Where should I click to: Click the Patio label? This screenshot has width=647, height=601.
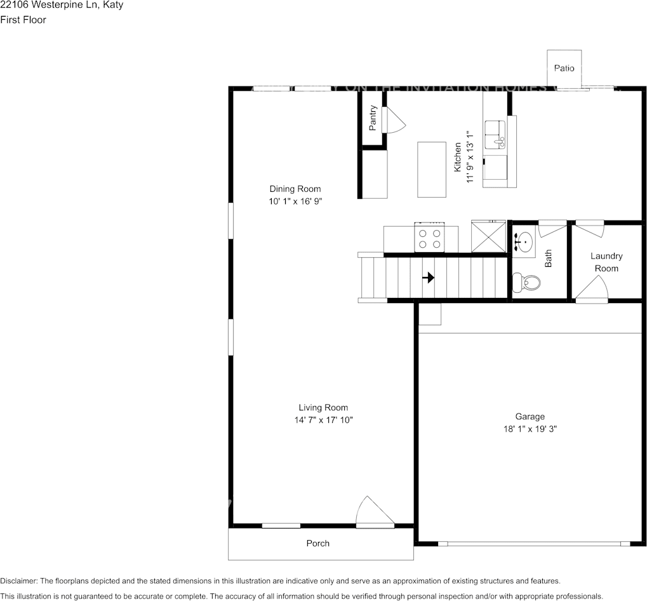(564, 68)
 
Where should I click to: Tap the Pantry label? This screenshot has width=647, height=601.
(373, 118)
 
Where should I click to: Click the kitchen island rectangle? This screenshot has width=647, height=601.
(431, 169)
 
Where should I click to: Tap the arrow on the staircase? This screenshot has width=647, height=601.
(429, 278)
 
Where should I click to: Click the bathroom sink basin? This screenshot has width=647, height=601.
(524, 242)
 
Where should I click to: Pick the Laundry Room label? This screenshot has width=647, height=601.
(606, 262)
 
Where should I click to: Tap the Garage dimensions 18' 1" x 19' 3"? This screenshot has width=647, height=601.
(530, 429)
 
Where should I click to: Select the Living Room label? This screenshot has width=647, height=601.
(323, 407)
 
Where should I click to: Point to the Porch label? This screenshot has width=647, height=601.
(318, 543)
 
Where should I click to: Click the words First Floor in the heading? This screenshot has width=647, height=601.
(23, 20)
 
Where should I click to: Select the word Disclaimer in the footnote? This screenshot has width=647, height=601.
(19, 581)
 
